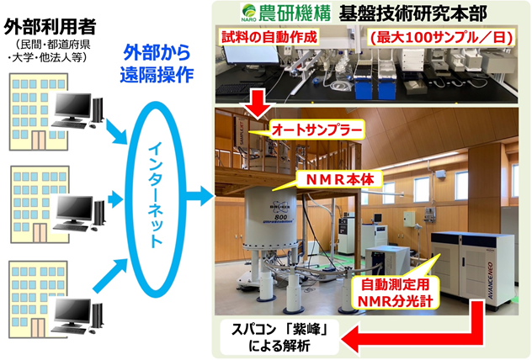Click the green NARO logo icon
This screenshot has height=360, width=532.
[x=248, y=13]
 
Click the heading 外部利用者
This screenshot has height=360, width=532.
[x=51, y=27]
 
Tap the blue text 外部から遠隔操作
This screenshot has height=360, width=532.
[x=157, y=64]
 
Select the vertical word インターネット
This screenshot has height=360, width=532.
[x=156, y=194]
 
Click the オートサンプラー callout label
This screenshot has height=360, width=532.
[x=317, y=130]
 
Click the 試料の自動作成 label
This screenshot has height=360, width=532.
[x=269, y=37]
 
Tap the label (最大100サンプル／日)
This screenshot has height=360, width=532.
[x=441, y=37]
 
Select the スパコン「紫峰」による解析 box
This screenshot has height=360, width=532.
[x=279, y=337]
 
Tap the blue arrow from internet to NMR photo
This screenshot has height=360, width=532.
[x=201, y=196]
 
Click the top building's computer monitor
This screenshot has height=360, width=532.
[x=72, y=106]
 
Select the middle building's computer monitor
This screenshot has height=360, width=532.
[x=74, y=209]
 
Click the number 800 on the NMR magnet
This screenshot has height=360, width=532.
[x=280, y=217]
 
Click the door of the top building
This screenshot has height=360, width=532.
[x=39, y=140]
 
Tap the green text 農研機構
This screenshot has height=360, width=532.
[x=295, y=13]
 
